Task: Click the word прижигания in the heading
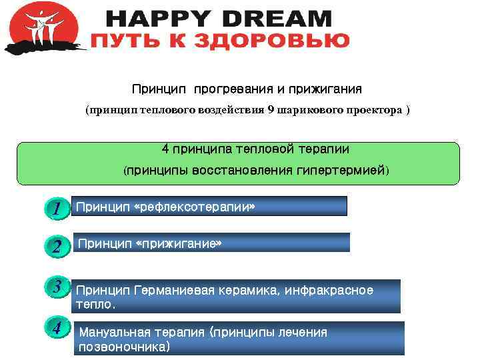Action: tap(329, 89)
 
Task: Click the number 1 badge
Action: tap(58, 209)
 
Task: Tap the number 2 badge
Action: tap(58, 247)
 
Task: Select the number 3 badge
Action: tap(58, 287)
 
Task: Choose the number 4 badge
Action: tap(58, 328)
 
